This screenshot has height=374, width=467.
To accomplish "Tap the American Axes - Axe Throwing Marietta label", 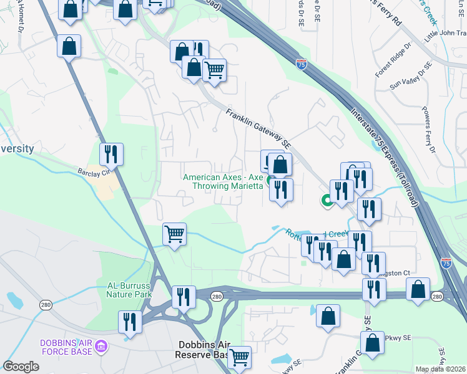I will [x=223, y=181].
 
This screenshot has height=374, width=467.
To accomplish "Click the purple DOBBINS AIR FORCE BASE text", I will [x=66, y=347].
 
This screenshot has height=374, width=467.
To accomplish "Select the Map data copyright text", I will [x=440, y=369].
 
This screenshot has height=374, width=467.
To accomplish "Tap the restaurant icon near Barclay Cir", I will [x=111, y=153].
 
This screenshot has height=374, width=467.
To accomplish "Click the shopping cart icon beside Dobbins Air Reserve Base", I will [x=239, y=358].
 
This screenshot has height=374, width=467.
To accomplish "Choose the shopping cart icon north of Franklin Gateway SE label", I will [x=215, y=70].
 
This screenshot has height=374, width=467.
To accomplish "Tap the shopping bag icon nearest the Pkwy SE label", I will [x=373, y=343].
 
